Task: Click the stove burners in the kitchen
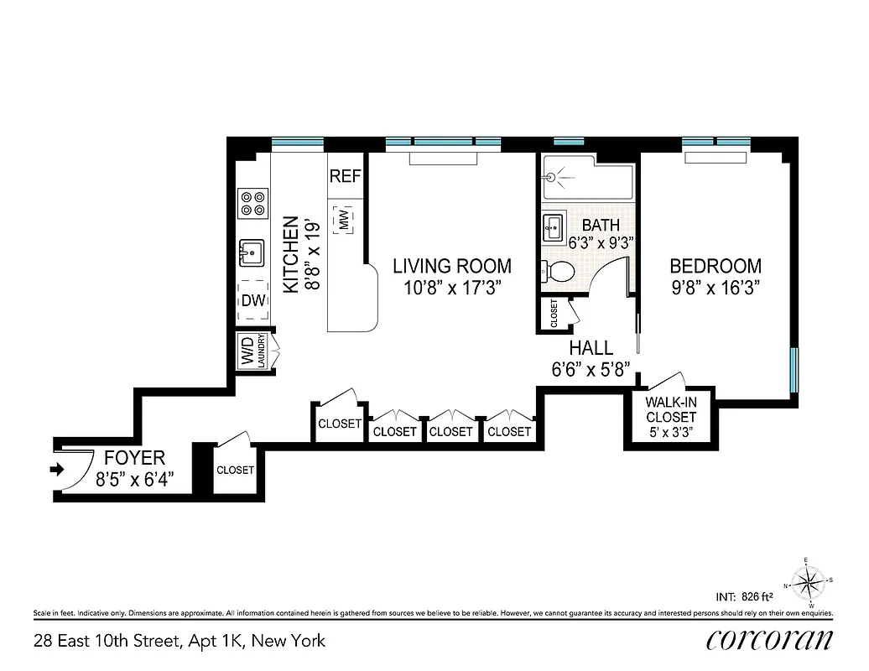pyautogui.click(x=252, y=202)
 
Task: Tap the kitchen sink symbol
pyautogui.click(x=252, y=251)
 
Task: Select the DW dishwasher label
pyautogui.click(x=253, y=300)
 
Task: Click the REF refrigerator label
pyautogui.click(x=345, y=177)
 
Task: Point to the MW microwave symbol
pyautogui.click(x=344, y=220)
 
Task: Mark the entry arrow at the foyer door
pyautogui.click(x=57, y=471)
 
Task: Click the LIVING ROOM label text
pyautogui.click(x=452, y=267)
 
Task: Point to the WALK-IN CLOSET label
pyautogui.click(x=670, y=408)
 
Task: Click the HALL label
pyautogui.click(x=591, y=347)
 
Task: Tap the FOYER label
pyautogui.click(x=134, y=459)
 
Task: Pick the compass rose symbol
pyautogui.click(x=809, y=581)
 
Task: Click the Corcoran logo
pyautogui.click(x=769, y=639)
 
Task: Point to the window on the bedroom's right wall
pyautogui.click(x=794, y=369)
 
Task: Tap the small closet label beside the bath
pyautogui.click(x=554, y=313)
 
